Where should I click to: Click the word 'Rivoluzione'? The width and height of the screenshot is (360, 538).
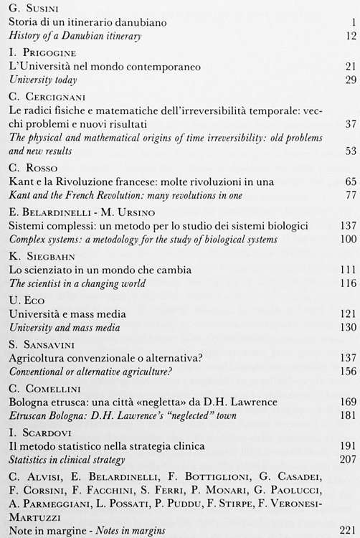(x=82, y=181)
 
